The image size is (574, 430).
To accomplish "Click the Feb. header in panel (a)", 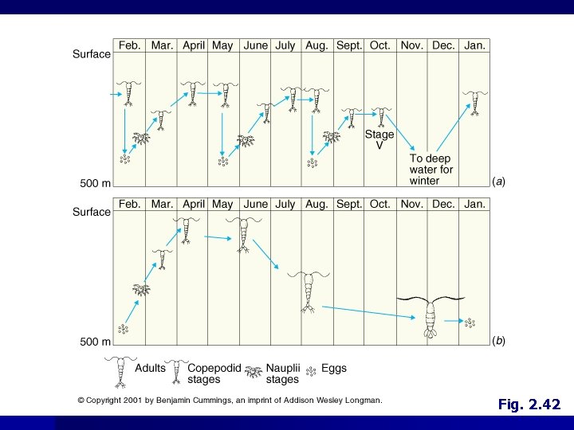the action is coord(130,45).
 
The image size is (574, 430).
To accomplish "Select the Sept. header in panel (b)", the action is coord(349,204).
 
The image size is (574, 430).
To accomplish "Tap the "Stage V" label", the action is coord(379,139).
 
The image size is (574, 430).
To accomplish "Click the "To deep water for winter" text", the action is coord(431,170).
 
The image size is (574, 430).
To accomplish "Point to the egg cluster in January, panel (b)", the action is coord(470,322).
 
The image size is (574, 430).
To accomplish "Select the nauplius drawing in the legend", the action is coord(254,372).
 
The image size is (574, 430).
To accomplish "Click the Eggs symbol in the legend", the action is coord(311,372).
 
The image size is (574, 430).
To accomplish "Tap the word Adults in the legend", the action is coord(150,368).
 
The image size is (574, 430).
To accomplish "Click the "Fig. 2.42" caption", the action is coord(529,405).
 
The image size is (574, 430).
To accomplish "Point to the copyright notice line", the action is coord(230,401).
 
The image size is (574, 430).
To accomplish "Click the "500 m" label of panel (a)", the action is coord(95,183).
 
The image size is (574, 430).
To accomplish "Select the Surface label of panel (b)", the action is coord(92,212).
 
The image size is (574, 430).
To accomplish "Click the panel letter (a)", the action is coord(498,182).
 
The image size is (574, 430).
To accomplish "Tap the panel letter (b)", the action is coord(498,341).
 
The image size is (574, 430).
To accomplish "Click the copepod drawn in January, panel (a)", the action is coord(475,103).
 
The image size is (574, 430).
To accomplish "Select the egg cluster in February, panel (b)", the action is coord(124,329).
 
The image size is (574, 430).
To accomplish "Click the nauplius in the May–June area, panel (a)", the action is coord(246,140).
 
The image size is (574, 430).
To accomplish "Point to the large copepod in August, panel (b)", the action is coord(309,291).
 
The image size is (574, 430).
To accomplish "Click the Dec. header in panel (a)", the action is coord(443,45).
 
